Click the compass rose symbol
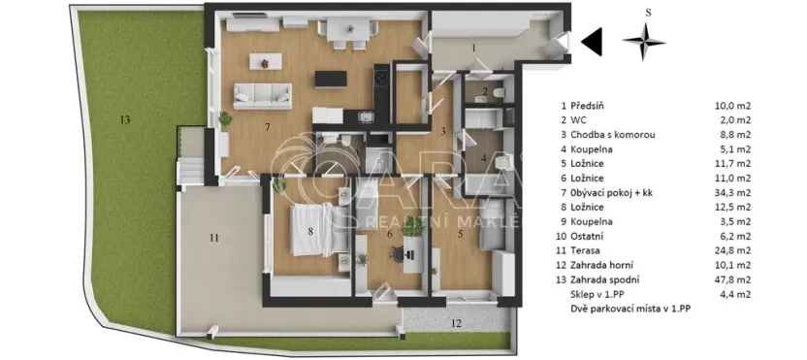click(645, 41)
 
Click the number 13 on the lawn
click(124, 119)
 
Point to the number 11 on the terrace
click(214, 237)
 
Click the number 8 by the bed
click(310, 231)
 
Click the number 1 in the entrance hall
click(473, 47)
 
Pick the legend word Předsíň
click(593, 108)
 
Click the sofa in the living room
click(262, 94)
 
